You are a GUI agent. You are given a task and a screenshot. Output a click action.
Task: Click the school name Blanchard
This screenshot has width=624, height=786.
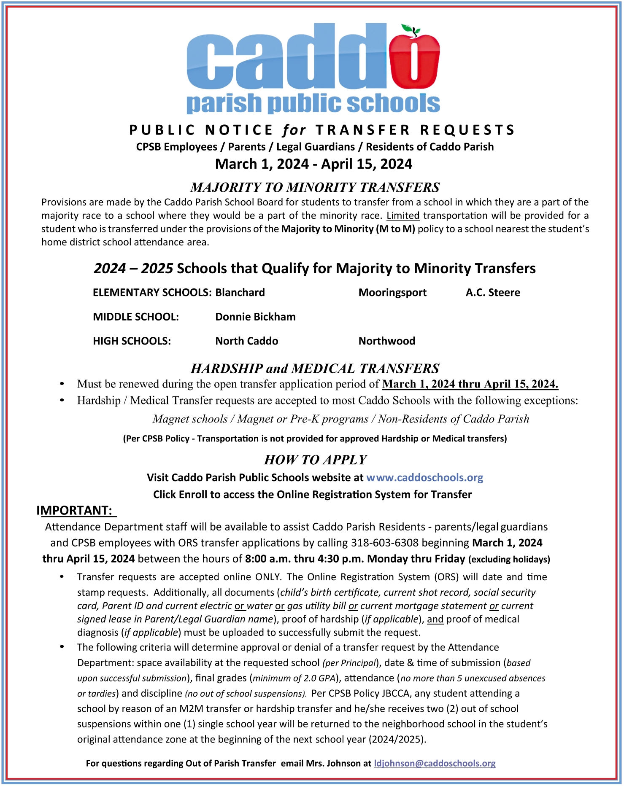[240, 293]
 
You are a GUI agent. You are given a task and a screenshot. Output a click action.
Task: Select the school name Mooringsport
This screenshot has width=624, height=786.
[392, 293]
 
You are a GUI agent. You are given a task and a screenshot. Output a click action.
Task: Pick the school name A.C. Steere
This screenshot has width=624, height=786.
[493, 293]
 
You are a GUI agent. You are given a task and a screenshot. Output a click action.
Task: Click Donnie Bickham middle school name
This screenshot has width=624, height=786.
[255, 317]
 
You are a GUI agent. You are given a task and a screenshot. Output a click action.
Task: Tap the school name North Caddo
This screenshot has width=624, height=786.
[247, 341]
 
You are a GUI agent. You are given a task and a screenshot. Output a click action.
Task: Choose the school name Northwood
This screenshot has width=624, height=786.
[387, 341]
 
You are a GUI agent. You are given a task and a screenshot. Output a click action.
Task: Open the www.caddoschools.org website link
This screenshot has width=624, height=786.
[424, 478]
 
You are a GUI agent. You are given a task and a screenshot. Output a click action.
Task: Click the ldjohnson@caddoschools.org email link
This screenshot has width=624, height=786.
[435, 763]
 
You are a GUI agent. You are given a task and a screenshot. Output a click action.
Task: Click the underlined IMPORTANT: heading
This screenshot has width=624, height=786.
[75, 511]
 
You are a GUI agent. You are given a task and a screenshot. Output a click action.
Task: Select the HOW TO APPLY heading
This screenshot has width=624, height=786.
[315, 460]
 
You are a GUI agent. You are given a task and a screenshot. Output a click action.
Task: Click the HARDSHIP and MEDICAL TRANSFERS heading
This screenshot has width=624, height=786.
[315, 369]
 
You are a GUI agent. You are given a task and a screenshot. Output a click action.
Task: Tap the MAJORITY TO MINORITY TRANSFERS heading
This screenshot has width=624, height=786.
[315, 187]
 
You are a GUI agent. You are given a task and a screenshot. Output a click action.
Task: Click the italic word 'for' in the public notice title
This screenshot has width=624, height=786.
[294, 130]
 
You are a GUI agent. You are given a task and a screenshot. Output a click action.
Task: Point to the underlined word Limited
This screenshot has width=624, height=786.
[403, 215]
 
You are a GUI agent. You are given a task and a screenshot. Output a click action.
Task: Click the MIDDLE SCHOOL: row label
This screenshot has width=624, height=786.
[136, 317]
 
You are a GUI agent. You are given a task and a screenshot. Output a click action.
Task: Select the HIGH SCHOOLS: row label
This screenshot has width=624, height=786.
[132, 341]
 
